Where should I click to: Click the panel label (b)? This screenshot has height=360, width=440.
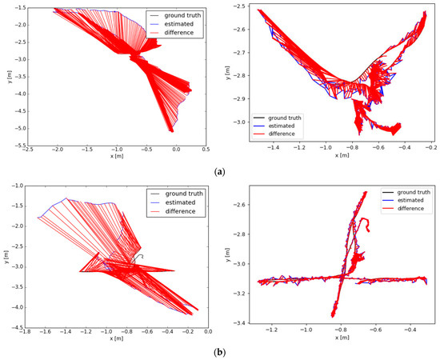pos(219,350)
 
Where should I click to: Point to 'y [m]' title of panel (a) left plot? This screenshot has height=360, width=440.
pos(5,77)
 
